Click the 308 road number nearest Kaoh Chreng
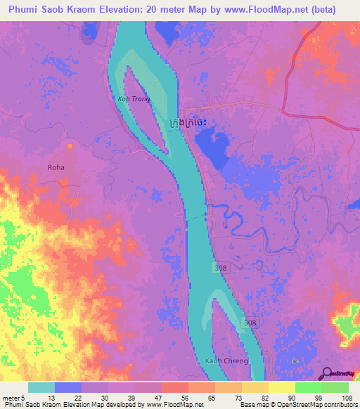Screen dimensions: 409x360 [241, 322]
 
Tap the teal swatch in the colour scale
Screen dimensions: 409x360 [41, 387]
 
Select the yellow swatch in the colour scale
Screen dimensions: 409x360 [282, 387]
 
